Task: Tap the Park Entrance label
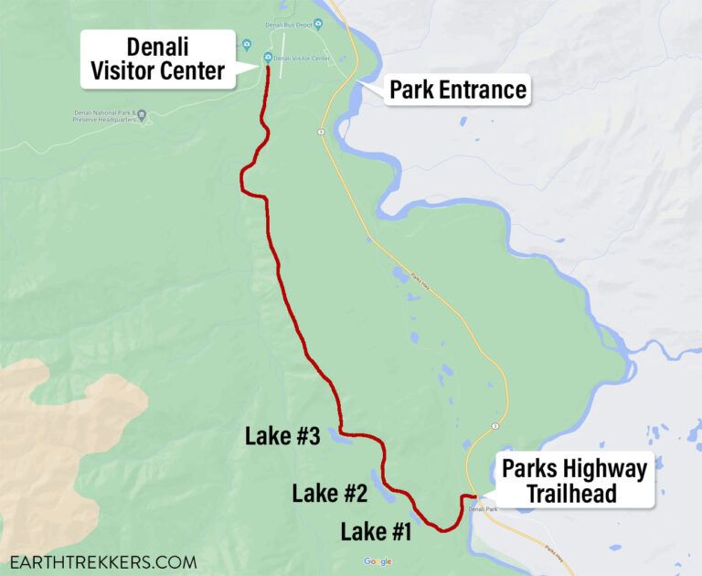click(458, 90)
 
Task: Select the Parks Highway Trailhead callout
click(574, 481)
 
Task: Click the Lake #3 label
click(282, 437)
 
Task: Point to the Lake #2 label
click(329, 495)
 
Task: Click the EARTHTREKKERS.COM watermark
click(102, 561)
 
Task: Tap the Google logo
click(378, 561)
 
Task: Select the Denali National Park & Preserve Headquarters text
click(104, 117)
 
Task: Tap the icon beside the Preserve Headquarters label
click(142, 114)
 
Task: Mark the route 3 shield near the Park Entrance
click(322, 132)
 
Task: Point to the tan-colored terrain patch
click(64, 430)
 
